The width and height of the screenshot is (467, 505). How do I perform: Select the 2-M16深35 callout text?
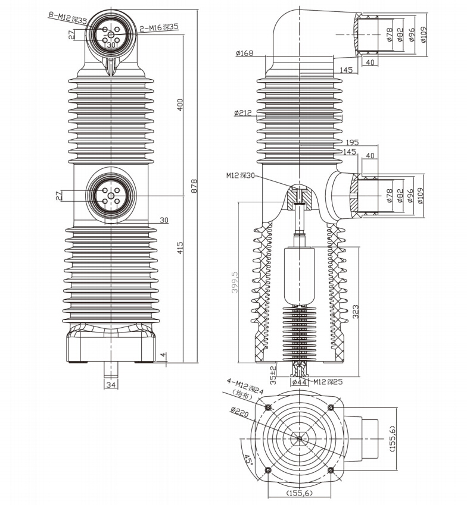point(159,27)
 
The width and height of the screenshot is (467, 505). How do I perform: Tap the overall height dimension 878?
point(194,185)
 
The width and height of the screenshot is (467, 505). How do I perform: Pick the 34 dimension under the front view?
point(111,385)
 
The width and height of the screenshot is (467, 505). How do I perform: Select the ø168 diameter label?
point(244,54)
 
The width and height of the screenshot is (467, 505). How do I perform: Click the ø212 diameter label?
point(244,112)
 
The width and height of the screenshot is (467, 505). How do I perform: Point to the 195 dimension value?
point(352,142)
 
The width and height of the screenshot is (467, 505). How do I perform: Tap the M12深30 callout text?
point(240,175)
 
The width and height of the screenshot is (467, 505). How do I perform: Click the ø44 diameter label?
point(299,382)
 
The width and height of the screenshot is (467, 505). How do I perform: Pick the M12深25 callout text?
point(328,382)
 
